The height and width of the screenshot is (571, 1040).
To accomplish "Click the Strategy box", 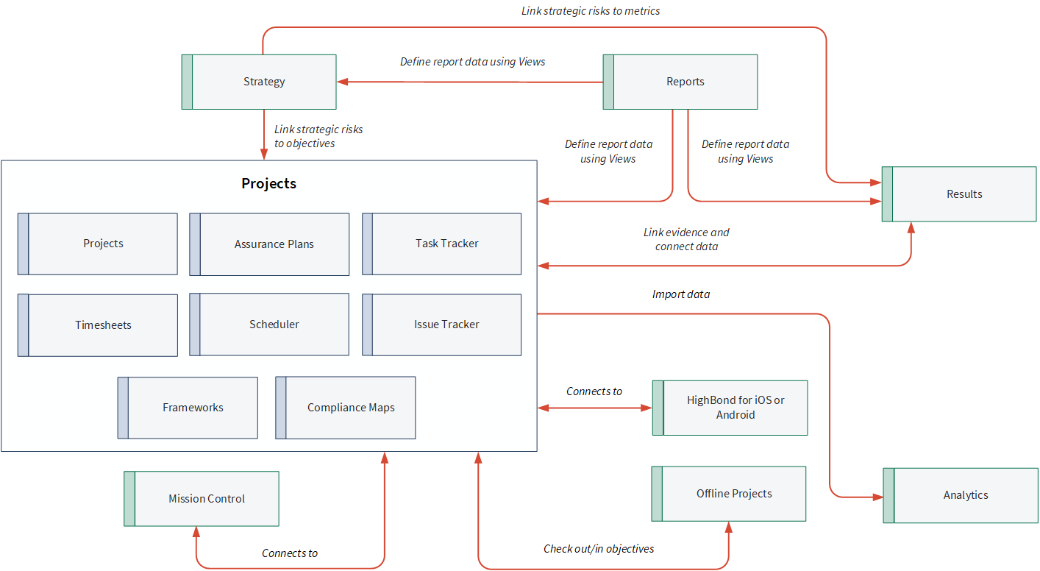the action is [259, 82].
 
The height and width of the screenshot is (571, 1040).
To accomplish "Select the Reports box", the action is [680, 82].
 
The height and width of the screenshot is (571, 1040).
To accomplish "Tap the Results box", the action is [959, 194].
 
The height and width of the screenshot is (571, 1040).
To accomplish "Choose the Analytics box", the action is [961, 495].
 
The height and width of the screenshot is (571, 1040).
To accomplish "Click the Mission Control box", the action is [202, 499].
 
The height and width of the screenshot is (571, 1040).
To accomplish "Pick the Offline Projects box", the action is [729, 494].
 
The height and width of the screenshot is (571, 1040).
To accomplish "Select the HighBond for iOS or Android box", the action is [730, 408].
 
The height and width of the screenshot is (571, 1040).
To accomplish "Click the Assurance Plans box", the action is [269, 244].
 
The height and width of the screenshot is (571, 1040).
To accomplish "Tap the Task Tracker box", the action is [441, 244].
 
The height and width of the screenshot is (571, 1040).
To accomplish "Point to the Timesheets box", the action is [98, 325].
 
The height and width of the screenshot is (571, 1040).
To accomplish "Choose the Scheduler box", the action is [269, 324].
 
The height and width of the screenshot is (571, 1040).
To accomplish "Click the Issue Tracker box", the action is [441, 324].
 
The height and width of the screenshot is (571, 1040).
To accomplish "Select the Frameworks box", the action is [188, 408].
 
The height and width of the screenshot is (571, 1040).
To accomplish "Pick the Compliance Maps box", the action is [346, 408].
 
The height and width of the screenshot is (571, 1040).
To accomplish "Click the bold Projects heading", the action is [268, 183].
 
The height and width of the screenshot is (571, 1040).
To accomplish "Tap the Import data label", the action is [681, 294].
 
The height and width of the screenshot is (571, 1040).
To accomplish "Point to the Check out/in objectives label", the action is [599, 549].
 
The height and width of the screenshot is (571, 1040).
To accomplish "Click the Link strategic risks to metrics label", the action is [591, 11].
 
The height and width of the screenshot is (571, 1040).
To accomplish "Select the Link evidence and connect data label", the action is [686, 239].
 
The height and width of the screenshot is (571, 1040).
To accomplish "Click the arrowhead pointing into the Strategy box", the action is [343, 82].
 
